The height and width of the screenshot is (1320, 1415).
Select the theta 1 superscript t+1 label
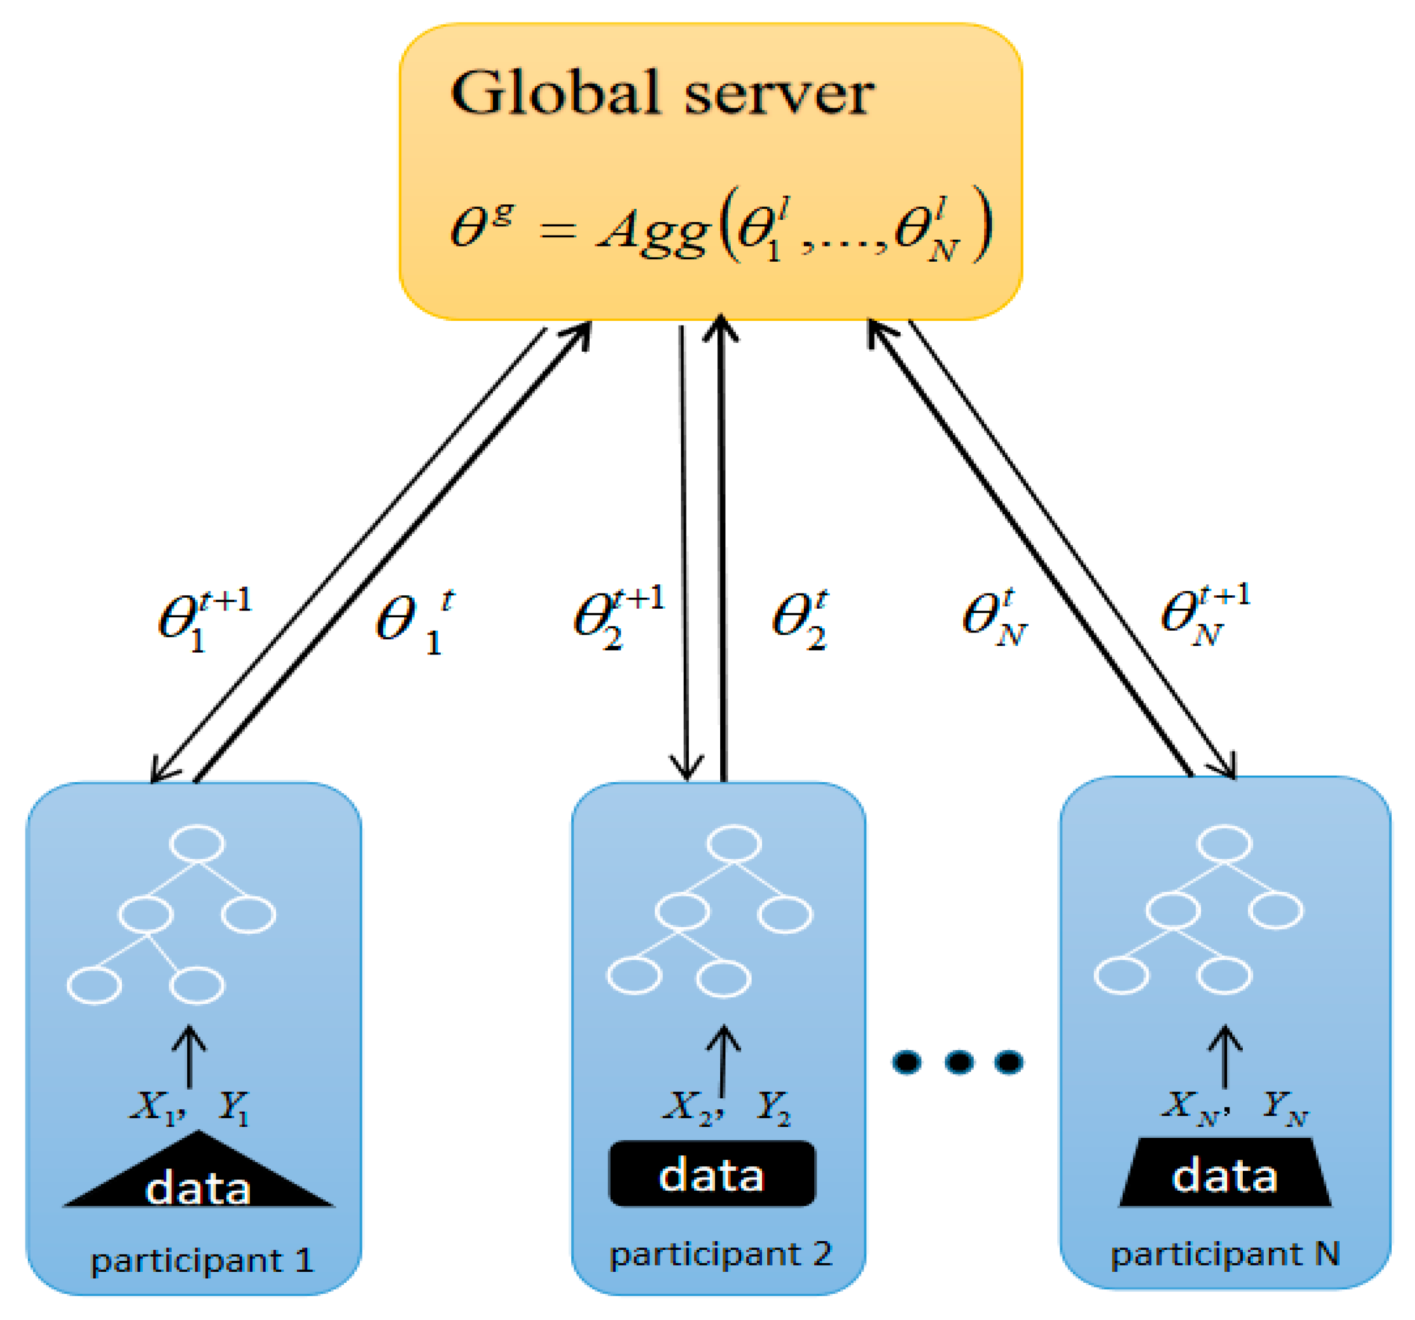click(203, 618)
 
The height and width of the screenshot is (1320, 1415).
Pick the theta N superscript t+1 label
click(1204, 614)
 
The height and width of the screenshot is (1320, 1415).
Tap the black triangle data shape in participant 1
click(198, 1182)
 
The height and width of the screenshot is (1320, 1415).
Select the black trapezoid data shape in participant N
click(1224, 1176)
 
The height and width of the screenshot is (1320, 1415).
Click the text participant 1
click(201, 1261)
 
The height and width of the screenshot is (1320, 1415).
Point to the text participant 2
click(720, 1254)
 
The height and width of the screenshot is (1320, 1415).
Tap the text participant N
click(1224, 1254)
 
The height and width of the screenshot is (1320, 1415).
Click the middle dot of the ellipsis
click(958, 1062)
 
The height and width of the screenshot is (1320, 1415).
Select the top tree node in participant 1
click(197, 844)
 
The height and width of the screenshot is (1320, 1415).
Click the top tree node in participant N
click(1224, 844)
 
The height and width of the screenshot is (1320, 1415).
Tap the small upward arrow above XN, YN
click(1224, 1057)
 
